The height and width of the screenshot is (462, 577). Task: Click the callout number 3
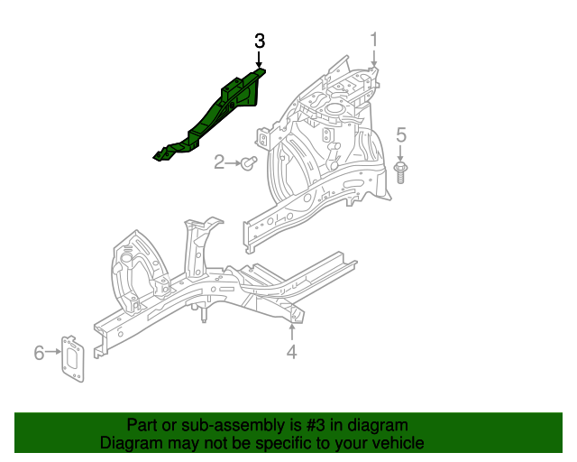pos(260,41)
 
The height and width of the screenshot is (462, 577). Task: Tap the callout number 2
pos(219,162)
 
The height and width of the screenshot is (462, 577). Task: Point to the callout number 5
pos(402,135)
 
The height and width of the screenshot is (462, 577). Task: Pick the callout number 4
pos(291,352)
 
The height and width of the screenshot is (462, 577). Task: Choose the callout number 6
pos(39,352)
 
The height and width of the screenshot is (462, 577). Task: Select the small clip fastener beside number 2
pos(251,163)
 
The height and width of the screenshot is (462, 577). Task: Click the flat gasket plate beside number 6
pos(72,357)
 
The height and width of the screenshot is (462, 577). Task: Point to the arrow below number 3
pos(260,59)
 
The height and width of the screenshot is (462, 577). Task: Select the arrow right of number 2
pos(234,163)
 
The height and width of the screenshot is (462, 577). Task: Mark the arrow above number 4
pos(291,332)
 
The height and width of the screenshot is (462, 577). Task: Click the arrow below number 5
pos(402,152)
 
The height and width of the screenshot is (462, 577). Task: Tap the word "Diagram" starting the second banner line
pos(132,443)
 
